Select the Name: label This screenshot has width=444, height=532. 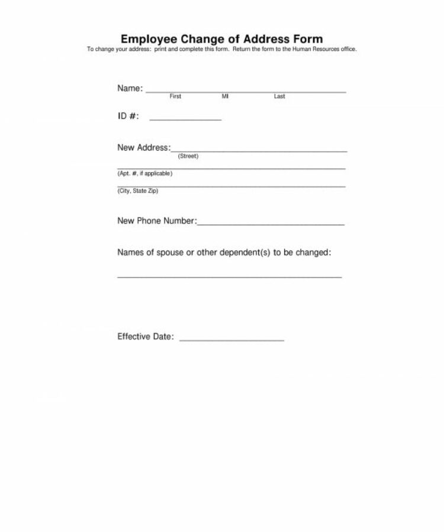pyautogui.click(x=130, y=88)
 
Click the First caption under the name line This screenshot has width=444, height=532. pyautogui.click(x=175, y=96)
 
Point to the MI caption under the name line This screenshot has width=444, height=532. pyautogui.click(x=225, y=96)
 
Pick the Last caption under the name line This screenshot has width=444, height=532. pyautogui.click(x=279, y=96)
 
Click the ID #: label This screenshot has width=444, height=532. pyautogui.click(x=128, y=116)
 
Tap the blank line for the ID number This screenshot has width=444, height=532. pyautogui.click(x=185, y=119)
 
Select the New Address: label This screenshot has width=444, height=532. pyautogui.click(x=144, y=148)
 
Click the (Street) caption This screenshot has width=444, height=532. pyautogui.click(x=188, y=157)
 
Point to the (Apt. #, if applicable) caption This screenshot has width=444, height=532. pyautogui.click(x=145, y=174)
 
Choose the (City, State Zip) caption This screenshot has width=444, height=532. pyautogui.click(x=138, y=191)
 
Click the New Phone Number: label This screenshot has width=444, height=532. pyautogui.click(x=156, y=221)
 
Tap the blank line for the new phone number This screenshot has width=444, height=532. pyautogui.click(x=270, y=224)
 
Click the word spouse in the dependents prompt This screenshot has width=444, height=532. pyautogui.click(x=169, y=253)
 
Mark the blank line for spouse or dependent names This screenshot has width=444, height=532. pyautogui.click(x=230, y=276)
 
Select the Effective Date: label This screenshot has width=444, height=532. pyautogui.click(x=146, y=337)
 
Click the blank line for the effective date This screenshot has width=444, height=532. pyautogui.click(x=231, y=340)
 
